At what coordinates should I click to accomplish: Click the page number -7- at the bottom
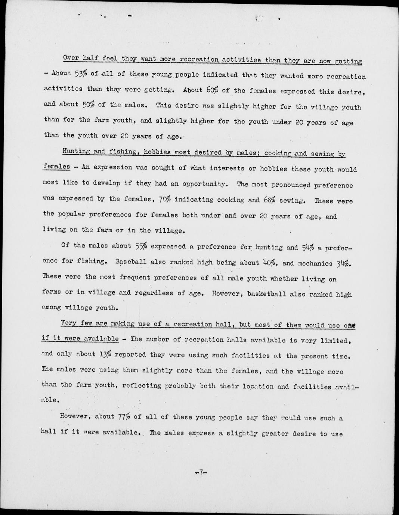(x=201, y=472)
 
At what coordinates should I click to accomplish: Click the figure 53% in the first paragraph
(x=81, y=74)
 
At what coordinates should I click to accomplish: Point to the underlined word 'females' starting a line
(x=56, y=166)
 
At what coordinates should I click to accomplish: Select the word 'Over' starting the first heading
(x=71, y=58)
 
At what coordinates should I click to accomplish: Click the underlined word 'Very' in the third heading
(x=68, y=324)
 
